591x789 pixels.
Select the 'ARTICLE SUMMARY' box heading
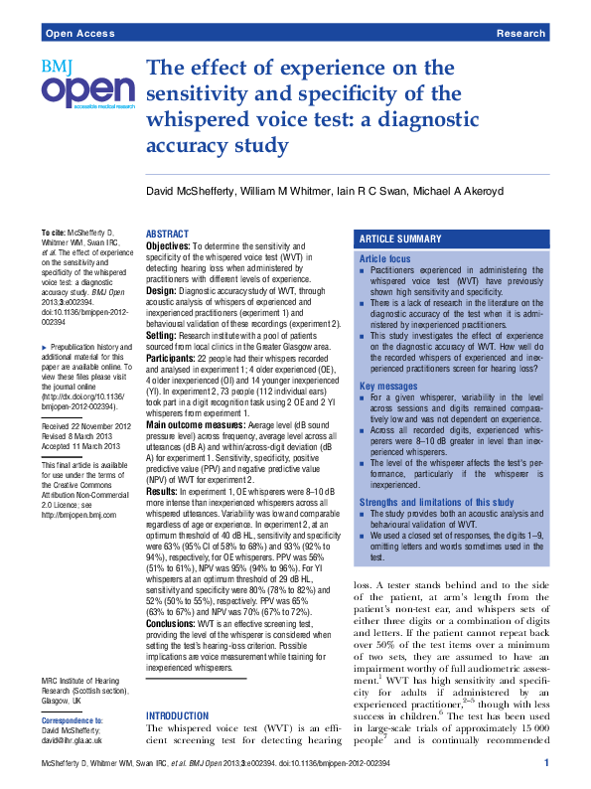click(400, 239)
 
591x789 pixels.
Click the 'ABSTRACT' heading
click(167, 234)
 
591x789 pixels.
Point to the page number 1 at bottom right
click(545, 763)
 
